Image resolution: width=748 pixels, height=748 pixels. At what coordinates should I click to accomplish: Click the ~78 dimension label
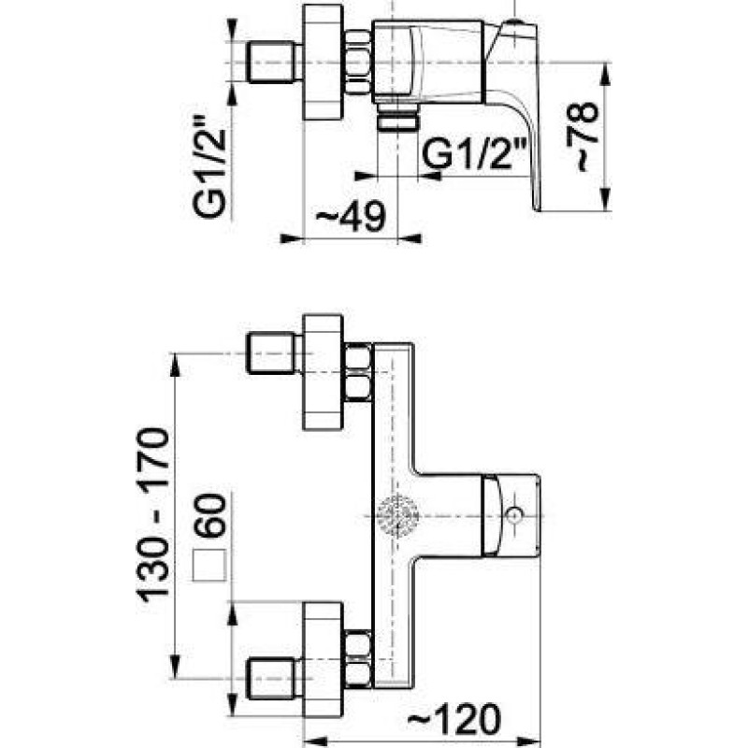pyautogui.click(x=582, y=136)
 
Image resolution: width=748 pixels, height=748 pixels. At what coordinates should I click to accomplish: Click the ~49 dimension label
pyautogui.click(x=351, y=216)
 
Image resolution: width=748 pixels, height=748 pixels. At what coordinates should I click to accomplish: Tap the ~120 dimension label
pyautogui.click(x=454, y=719)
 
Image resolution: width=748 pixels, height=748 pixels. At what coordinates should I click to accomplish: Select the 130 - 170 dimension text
pyautogui.click(x=153, y=515)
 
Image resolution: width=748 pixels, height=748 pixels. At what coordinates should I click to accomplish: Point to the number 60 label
pyautogui.click(x=209, y=516)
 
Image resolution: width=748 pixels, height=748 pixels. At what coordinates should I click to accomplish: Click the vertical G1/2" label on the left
pyautogui.click(x=209, y=166)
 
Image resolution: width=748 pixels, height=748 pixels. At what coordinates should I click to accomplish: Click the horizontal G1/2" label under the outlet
pyautogui.click(x=475, y=153)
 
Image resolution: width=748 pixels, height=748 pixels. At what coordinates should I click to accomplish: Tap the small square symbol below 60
pyautogui.click(x=209, y=566)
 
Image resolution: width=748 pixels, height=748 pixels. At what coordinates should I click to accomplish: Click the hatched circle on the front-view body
pyautogui.click(x=397, y=516)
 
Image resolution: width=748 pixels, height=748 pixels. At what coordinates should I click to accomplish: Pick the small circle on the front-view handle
pyautogui.click(x=514, y=516)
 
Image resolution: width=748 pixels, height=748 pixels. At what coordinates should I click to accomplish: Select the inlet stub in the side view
pyautogui.click(x=273, y=62)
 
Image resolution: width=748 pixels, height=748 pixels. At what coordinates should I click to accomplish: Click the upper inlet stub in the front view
pyautogui.click(x=273, y=353)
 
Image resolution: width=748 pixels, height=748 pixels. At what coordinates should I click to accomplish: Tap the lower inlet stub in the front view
pyautogui.click(x=273, y=678)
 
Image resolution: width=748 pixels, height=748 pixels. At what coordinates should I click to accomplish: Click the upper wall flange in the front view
pyautogui.click(x=323, y=372)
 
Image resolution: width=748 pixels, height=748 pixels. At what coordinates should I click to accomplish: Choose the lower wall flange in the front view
pyautogui.click(x=323, y=659)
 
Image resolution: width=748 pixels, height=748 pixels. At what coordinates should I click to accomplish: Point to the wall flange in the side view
pyautogui.click(x=323, y=62)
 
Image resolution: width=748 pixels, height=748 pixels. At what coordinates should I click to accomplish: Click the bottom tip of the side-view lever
pyautogui.click(x=537, y=209)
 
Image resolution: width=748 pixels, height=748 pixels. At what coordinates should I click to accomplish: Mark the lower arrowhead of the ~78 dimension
pyautogui.click(x=605, y=199)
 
